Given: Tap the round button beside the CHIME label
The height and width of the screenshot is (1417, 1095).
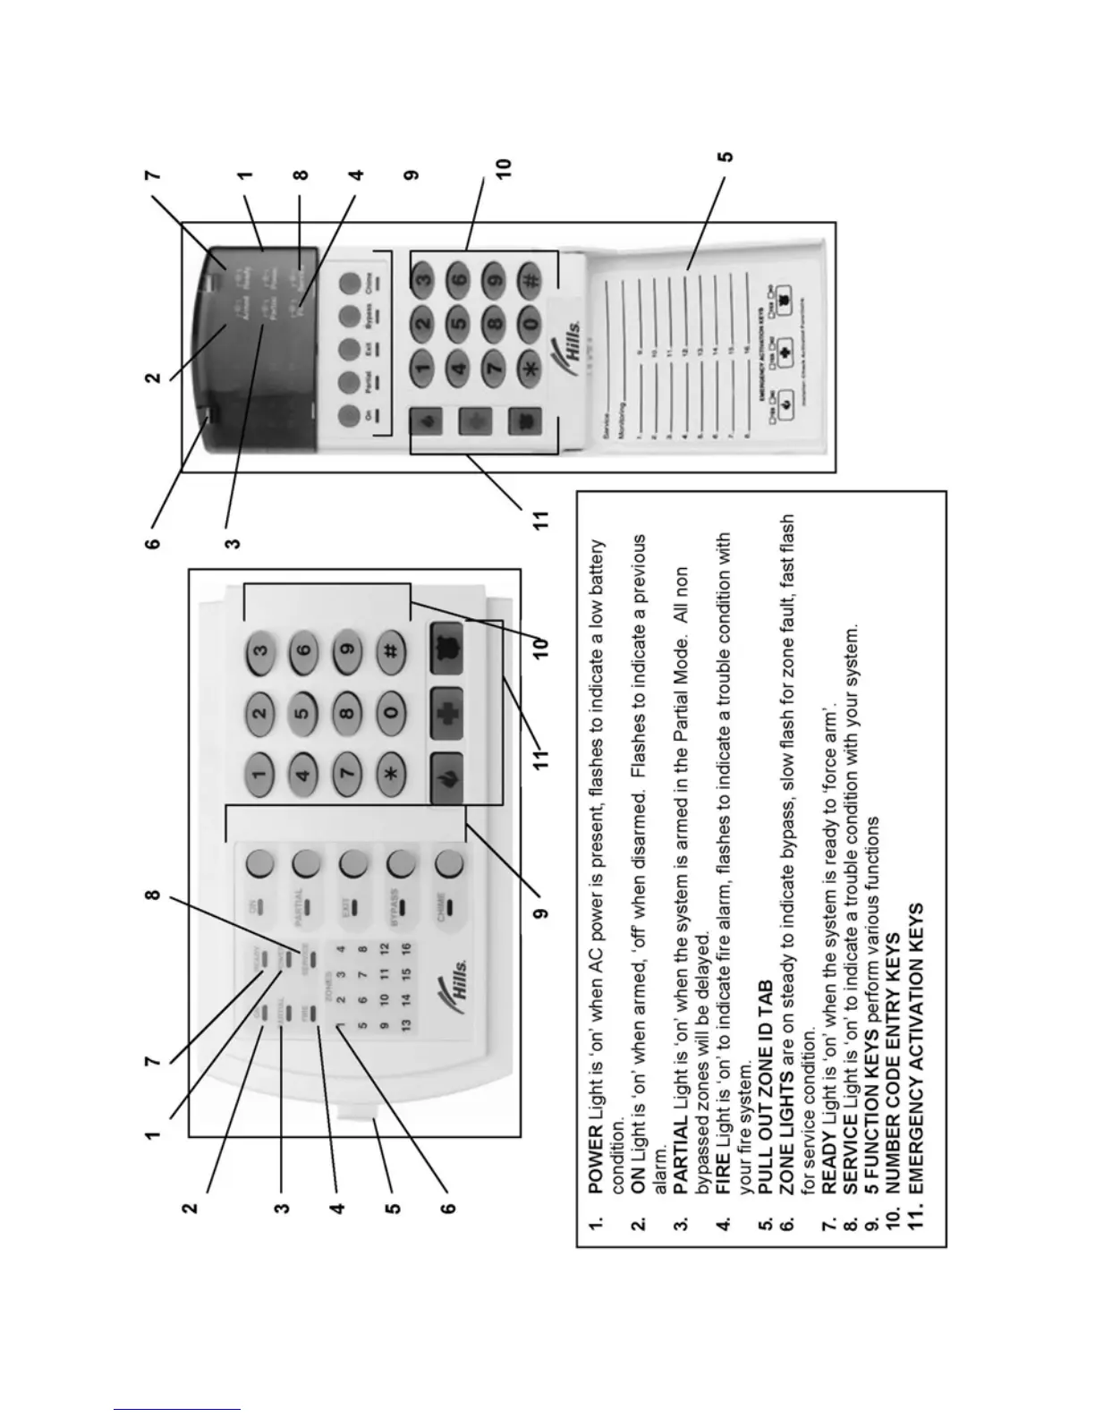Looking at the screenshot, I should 448,862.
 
